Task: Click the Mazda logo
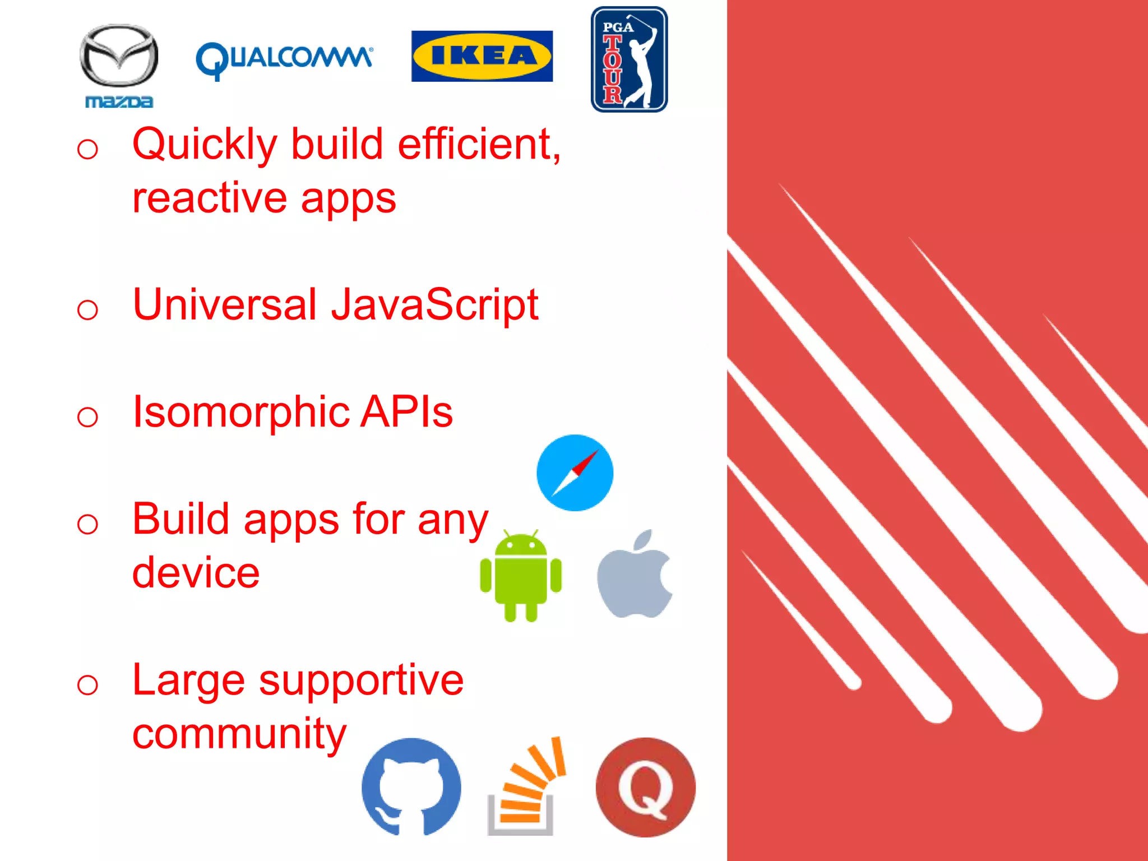tap(119, 64)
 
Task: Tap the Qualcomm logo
tap(284, 59)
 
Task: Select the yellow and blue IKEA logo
tap(482, 56)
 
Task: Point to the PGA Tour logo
tap(629, 59)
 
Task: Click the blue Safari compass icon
tap(575, 473)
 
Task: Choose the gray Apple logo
tap(635, 575)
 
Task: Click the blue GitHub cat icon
tap(411, 786)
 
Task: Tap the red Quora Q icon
tap(645, 787)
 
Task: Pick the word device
tap(196, 573)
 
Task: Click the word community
tap(239, 734)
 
